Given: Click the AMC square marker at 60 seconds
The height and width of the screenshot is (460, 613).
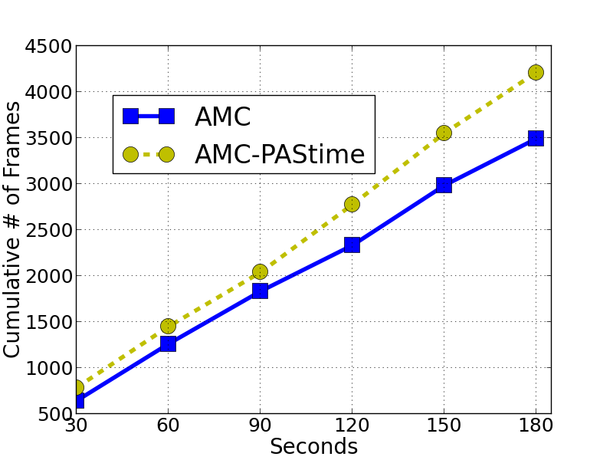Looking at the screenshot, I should coord(168,343).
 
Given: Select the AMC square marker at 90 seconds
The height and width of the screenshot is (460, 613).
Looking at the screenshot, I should coord(260,291).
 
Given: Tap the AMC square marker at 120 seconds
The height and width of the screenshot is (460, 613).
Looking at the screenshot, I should coord(352,245).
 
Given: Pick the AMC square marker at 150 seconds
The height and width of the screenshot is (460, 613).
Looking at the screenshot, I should coord(444,185).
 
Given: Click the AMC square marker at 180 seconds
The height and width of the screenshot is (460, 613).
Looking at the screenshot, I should coord(536,138).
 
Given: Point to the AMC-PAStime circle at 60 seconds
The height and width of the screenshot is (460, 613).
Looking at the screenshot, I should coord(168,326).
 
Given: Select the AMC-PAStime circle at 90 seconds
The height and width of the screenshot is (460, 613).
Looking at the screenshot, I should coord(260,271).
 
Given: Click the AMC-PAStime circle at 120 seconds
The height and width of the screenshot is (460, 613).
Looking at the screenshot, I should coord(352,204).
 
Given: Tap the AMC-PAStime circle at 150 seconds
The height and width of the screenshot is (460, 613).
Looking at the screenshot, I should coord(444,133).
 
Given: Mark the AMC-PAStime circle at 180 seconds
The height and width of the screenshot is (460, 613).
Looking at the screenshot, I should coord(536,72).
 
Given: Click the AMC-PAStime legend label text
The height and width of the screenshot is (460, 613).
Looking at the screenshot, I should coord(279,154).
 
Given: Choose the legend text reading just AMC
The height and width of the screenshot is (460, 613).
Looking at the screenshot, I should coord(222,117).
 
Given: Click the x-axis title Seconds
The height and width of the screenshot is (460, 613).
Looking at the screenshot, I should coord(313,446).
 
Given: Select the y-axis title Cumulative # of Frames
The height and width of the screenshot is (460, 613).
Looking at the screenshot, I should coord(13,230).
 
